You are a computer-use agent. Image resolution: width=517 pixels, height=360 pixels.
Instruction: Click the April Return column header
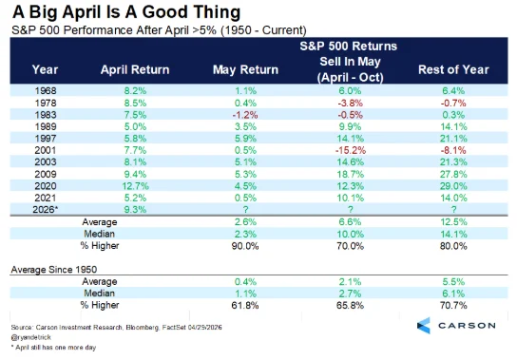(135, 70)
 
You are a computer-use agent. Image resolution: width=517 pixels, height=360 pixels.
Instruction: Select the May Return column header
(245, 70)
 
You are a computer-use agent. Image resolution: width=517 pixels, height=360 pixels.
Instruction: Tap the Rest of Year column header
(453, 70)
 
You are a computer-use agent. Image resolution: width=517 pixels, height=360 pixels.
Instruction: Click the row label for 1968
(46, 91)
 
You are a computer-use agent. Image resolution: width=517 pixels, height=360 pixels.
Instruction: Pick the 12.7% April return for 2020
(135, 186)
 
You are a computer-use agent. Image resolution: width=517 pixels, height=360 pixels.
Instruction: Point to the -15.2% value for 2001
(350, 151)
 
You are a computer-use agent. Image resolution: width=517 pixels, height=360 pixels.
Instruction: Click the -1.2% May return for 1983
(245, 115)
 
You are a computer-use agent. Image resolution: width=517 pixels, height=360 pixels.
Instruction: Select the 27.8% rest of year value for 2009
(453, 175)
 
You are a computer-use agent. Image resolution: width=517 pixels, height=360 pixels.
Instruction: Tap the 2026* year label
(46, 210)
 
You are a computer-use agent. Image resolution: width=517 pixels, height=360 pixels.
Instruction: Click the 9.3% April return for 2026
(135, 210)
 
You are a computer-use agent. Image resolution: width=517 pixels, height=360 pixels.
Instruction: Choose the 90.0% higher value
(245, 246)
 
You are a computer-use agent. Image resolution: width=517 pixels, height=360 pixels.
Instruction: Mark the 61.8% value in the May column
(245, 306)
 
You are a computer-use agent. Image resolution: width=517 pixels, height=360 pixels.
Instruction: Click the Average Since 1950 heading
(54, 270)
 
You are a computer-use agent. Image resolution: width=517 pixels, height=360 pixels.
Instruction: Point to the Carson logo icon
(424, 326)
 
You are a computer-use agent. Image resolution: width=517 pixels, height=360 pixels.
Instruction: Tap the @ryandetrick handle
(31, 337)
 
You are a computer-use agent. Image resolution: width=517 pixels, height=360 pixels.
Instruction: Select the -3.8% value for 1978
(350, 104)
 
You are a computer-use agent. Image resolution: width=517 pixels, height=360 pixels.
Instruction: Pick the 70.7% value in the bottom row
(453, 306)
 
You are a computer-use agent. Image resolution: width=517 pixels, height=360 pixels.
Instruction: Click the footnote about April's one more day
(54, 348)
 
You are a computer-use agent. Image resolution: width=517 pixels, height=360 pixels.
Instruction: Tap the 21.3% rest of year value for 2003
(453, 162)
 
